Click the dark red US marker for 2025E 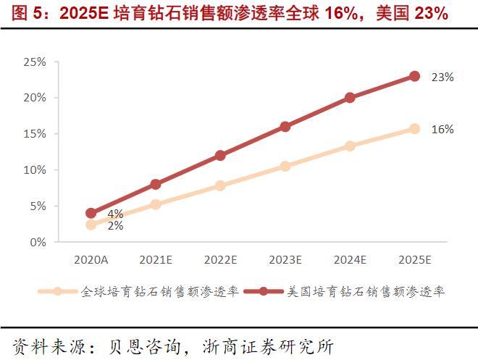click(414, 76)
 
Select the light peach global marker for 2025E click(414, 128)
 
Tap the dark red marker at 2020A click(91, 213)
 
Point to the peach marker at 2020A click(91, 225)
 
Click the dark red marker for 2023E click(285, 126)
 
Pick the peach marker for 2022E click(220, 185)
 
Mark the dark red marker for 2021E click(156, 184)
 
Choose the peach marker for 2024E click(350, 146)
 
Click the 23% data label click(442, 77)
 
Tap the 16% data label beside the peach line click(442, 129)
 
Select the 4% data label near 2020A click(115, 214)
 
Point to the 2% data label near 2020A click(115, 225)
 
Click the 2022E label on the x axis click(220, 259)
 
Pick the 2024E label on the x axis click(350, 259)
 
